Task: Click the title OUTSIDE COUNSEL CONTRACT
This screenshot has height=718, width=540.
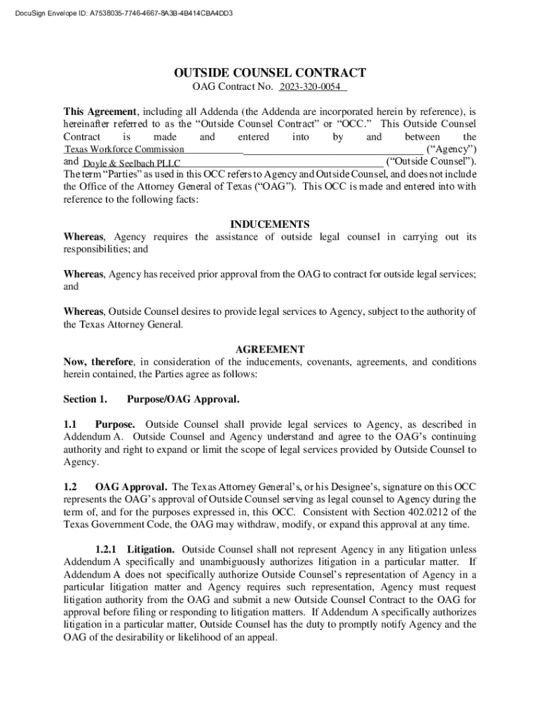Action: (269, 73)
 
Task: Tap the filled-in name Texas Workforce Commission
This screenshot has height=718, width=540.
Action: (124, 149)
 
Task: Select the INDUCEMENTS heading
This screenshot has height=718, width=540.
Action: (269, 224)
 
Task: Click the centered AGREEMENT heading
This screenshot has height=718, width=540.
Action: (269, 349)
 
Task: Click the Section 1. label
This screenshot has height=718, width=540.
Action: (85, 400)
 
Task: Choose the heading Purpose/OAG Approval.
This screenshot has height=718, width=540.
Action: (182, 400)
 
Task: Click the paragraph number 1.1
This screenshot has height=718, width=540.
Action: (70, 424)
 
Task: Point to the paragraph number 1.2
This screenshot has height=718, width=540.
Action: (70, 487)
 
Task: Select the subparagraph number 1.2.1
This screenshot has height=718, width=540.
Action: (107, 549)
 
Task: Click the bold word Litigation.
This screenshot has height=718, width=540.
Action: (151, 549)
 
